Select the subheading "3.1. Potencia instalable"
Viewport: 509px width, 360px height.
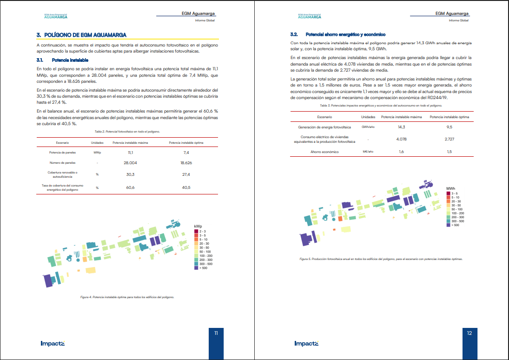(62, 60)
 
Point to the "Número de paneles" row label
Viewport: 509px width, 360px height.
(62, 163)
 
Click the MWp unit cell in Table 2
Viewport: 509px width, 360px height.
(97, 152)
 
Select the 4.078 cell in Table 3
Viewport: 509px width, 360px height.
(402, 139)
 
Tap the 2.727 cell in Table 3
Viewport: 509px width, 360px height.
(450, 139)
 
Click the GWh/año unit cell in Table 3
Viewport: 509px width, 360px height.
(368, 127)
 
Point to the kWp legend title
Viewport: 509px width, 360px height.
(198, 226)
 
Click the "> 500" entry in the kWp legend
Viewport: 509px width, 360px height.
(203, 268)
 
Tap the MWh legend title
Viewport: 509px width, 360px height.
(450, 188)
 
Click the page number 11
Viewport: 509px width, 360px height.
(216, 333)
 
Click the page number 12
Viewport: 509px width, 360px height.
(469, 333)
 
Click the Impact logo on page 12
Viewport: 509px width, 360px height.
(306, 344)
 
